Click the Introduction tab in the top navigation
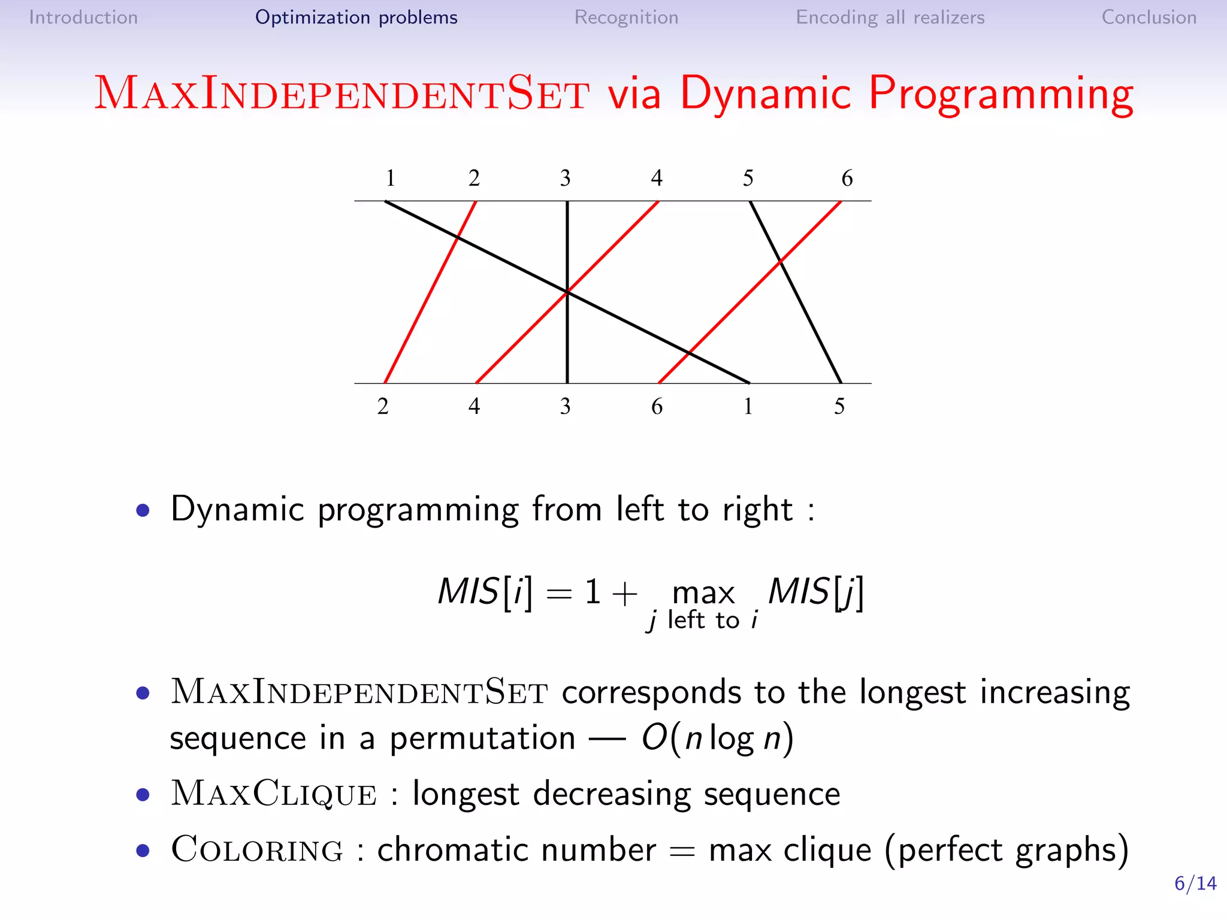click(83, 17)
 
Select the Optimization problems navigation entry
click(356, 17)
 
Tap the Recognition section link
click(626, 17)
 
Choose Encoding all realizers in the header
click(890, 17)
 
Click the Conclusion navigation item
click(1149, 17)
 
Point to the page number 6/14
click(1195, 883)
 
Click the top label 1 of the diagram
click(390, 178)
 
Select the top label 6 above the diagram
click(847, 178)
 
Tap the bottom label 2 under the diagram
click(383, 407)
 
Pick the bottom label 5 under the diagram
click(839, 407)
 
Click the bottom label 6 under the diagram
click(657, 407)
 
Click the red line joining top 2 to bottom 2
click(430, 292)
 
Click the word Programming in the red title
click(1000, 95)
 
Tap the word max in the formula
click(703, 593)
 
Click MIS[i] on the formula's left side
click(485, 592)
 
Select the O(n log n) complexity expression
click(717, 738)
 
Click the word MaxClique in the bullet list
click(274, 794)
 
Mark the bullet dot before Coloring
click(143, 851)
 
